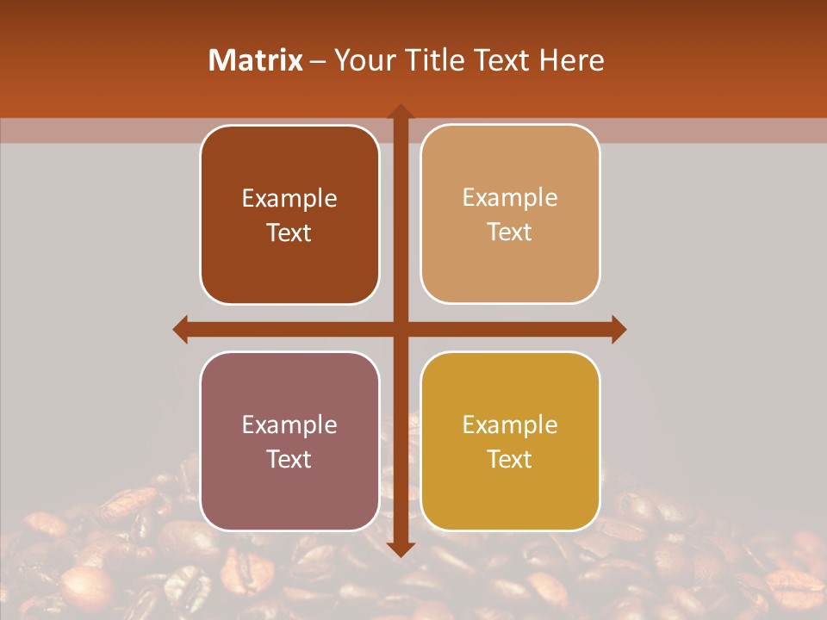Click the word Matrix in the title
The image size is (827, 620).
coord(256,60)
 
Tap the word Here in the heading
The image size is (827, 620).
coord(572,60)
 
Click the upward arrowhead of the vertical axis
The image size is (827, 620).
coord(401,111)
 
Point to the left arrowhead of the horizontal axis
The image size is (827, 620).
coord(180,329)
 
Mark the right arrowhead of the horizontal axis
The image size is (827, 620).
coord(619,329)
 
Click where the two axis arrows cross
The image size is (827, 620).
coord(401,329)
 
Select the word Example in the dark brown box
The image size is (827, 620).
coord(289,199)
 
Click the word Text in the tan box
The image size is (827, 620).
coord(510,232)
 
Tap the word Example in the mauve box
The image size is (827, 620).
coord(289,425)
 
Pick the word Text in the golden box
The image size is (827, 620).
coord(510,459)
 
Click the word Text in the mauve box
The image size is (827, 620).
coord(289,459)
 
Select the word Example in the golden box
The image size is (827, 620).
coord(510,425)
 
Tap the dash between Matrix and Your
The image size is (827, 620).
coord(318,61)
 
